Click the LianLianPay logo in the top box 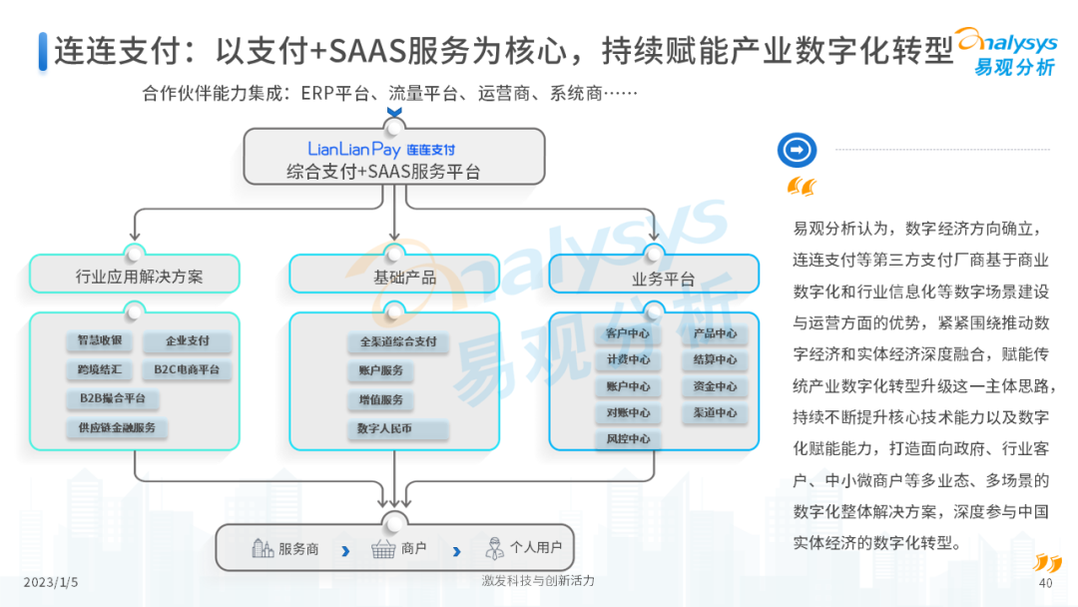coord(381,149)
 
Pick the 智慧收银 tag coord(100,340)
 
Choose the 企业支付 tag coord(188,341)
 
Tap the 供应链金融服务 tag coord(118,427)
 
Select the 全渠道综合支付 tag coord(398,341)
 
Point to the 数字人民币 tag coord(385,428)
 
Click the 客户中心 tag coord(628,333)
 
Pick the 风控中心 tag coord(628,438)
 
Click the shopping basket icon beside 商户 coord(383,548)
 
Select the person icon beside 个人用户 coord(493,547)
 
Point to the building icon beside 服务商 coord(263,547)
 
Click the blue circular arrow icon coord(797,150)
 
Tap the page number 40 coord(1046,583)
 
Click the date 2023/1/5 coord(51,581)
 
